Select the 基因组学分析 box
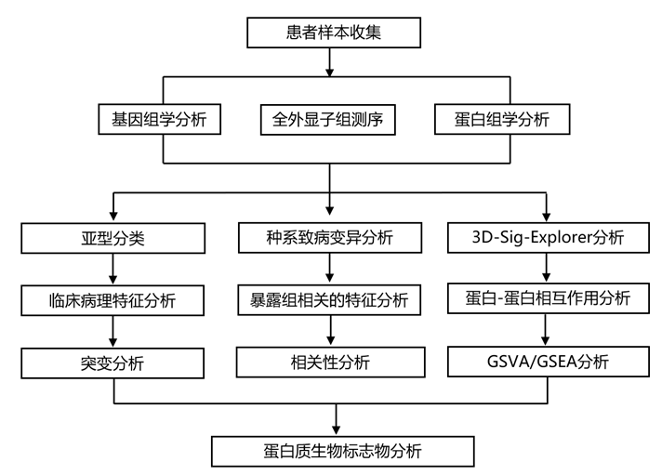(x=160, y=119)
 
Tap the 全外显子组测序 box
(x=329, y=119)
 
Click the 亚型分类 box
(x=113, y=238)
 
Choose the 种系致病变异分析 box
(x=329, y=238)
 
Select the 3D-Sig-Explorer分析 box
(x=548, y=238)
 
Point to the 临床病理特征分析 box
(x=113, y=300)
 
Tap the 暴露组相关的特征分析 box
(x=329, y=300)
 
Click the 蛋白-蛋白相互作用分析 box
(x=548, y=298)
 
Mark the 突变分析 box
(x=113, y=363)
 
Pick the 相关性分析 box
(x=329, y=363)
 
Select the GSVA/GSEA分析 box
(x=548, y=361)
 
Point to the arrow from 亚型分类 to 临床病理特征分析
(x=113, y=269)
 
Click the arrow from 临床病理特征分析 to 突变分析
(x=113, y=331)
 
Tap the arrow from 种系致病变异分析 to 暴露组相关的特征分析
(x=329, y=269)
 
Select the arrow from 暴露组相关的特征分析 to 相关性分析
(x=329, y=331)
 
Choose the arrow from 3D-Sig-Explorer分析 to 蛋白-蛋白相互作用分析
(x=548, y=268)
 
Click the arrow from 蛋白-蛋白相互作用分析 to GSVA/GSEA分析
(x=548, y=329)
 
